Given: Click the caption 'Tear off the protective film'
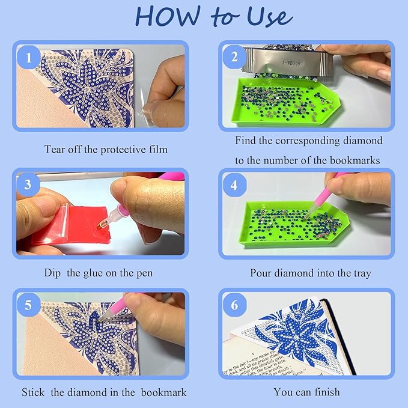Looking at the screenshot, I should click(106, 148).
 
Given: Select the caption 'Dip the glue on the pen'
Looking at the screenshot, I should click(98, 273).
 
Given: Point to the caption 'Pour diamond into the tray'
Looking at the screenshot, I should click(311, 273).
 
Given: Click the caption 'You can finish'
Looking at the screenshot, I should click(306, 392).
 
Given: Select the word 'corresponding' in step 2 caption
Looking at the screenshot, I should click(307, 141).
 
